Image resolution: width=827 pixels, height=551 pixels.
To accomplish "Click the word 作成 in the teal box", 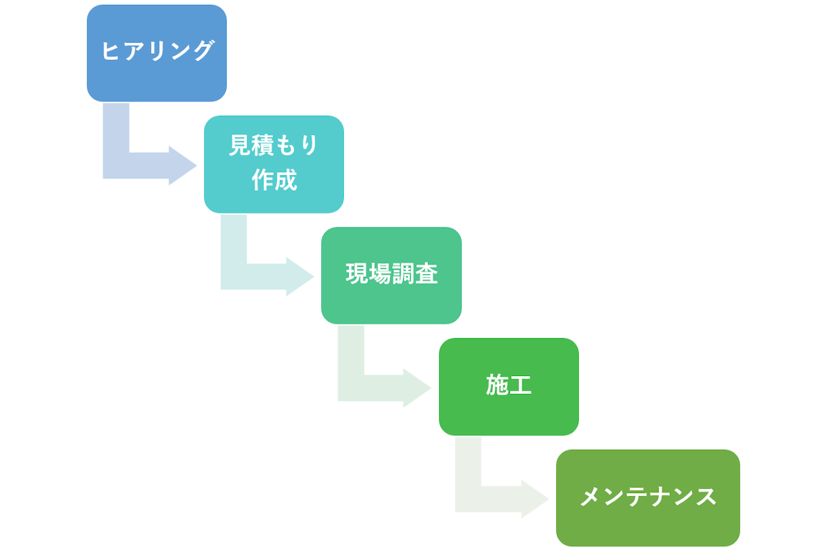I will tap(274, 180).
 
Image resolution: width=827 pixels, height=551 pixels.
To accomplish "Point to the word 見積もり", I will tap(274, 146).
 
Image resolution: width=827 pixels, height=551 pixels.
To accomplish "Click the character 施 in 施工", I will tap(497, 386).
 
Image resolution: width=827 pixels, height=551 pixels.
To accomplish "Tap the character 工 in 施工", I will tap(520, 386).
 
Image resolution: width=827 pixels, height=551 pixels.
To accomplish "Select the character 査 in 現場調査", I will tap(426, 275).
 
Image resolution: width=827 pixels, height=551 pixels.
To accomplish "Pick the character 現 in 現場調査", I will tap(356, 275).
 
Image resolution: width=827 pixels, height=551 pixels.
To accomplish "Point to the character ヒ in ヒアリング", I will tap(112, 52).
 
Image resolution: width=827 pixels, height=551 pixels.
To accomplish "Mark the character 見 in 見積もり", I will tap(240, 146).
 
